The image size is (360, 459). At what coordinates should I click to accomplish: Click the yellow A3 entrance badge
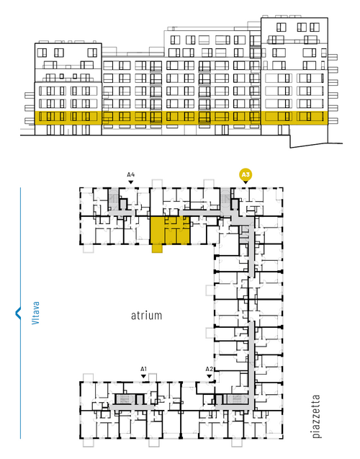(246, 175)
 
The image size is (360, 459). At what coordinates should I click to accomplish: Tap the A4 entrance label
(131, 175)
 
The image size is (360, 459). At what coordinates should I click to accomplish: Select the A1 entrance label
(143, 369)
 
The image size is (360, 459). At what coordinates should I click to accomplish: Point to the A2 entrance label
(209, 369)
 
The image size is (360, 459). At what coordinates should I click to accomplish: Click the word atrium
(146, 316)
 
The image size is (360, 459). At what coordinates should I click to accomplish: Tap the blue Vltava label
(35, 313)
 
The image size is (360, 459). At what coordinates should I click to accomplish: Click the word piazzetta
(316, 416)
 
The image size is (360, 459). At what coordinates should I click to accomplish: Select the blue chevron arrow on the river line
(18, 313)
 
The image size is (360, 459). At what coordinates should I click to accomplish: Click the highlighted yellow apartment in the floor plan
(170, 231)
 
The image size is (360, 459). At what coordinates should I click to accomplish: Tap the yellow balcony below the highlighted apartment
(157, 249)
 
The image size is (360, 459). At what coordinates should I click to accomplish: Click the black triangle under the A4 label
(131, 182)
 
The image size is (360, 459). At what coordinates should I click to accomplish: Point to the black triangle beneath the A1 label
(143, 376)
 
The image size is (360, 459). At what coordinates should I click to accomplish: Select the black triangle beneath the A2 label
(209, 376)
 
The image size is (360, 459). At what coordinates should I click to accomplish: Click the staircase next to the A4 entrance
(113, 199)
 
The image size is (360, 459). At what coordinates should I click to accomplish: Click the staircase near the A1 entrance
(125, 399)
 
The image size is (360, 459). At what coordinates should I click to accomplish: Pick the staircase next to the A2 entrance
(237, 399)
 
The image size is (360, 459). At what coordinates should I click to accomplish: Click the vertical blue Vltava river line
(20, 313)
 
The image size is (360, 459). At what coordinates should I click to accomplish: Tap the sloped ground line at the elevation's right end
(316, 146)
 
